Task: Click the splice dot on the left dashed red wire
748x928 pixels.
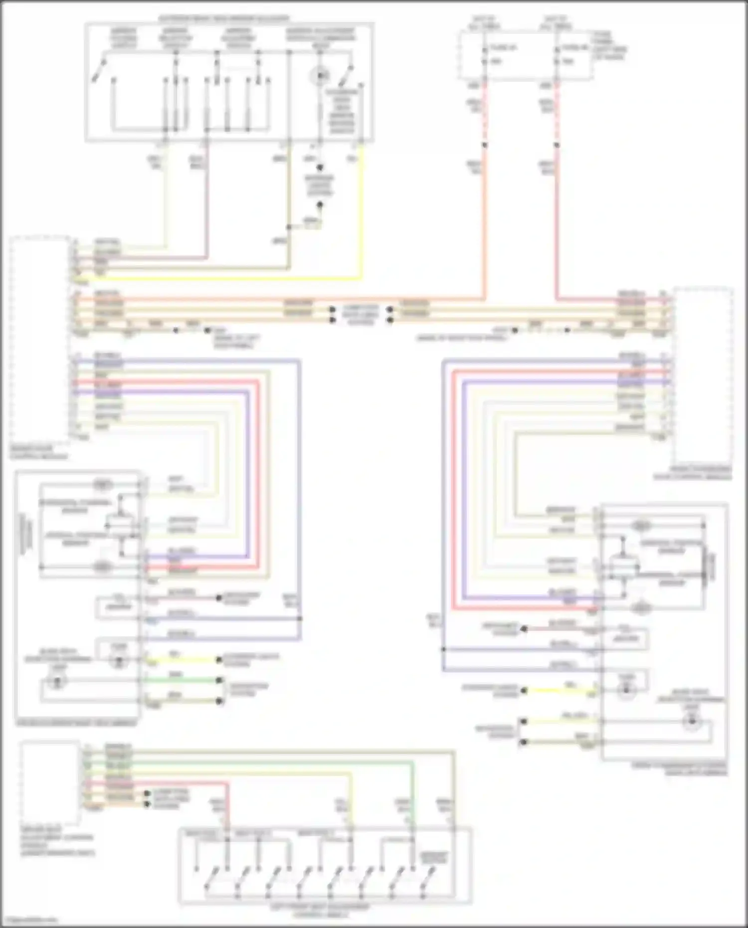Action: coord(484,145)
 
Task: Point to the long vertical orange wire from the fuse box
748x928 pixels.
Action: coord(484,224)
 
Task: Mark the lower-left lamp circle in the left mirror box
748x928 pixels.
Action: coord(57,682)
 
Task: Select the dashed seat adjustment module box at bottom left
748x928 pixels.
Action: coord(50,783)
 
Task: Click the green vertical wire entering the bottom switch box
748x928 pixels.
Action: coord(413,798)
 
